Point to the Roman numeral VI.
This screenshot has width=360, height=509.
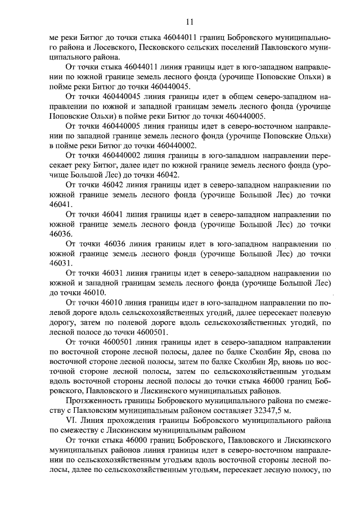71,421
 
